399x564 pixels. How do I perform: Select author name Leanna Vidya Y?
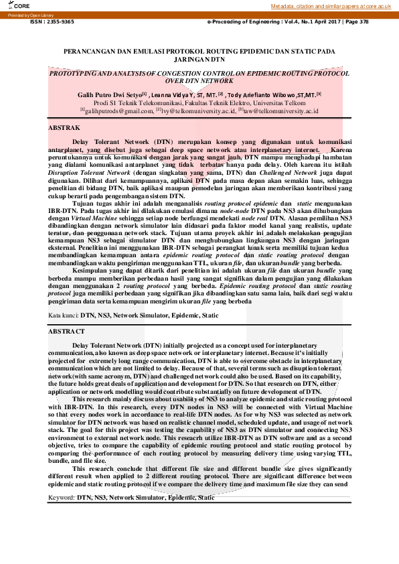171,96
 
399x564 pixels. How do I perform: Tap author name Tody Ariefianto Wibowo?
265,96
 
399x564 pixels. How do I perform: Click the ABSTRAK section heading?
65,127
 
